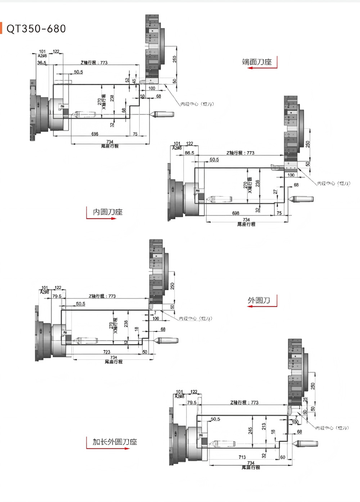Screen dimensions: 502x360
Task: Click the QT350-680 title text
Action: click(36, 29)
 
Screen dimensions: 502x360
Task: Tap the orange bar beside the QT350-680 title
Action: click(1, 28)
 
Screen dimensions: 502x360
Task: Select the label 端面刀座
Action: click(257, 62)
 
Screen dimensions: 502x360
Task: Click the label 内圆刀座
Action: click(108, 212)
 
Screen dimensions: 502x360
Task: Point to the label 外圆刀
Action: click(258, 300)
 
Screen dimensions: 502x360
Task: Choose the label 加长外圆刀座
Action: click(115, 442)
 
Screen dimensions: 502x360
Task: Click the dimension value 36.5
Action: click(42, 63)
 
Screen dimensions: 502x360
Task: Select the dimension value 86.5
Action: click(189, 153)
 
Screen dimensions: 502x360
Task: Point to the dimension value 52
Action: click(127, 81)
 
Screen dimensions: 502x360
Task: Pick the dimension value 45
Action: click(134, 81)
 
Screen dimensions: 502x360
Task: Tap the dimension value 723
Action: click(107, 352)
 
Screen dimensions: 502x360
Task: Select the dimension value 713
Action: click(242, 457)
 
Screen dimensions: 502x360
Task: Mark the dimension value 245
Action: click(250, 430)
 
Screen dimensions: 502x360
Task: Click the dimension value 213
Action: click(264, 426)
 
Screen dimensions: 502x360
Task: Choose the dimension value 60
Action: click(283, 457)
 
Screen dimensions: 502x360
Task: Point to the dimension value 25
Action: click(305, 400)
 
